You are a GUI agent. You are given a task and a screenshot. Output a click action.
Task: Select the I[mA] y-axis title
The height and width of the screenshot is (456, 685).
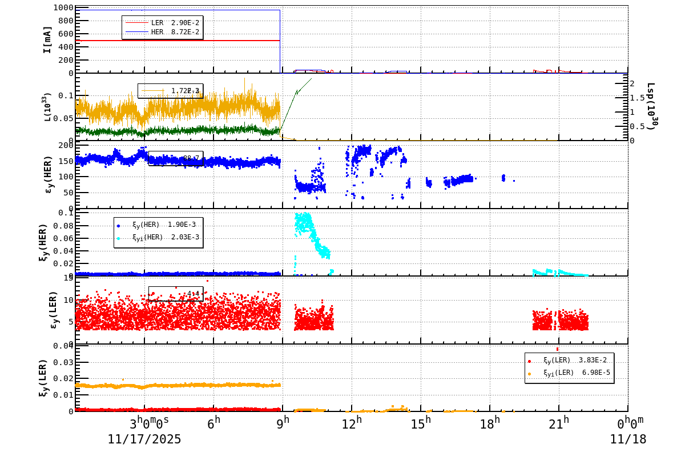tap(47, 39)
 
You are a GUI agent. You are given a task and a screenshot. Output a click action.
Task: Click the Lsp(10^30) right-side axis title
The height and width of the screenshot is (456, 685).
tap(651, 106)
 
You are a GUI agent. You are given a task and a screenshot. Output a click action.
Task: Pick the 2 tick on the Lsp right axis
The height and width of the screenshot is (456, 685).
tap(632, 83)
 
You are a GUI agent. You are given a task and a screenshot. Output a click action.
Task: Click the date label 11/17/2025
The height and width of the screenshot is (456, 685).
tap(144, 439)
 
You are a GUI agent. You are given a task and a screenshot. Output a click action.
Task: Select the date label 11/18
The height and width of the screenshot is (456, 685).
tap(628, 439)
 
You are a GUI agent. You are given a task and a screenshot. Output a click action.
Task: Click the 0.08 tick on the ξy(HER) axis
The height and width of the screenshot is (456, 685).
tap(63, 226)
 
